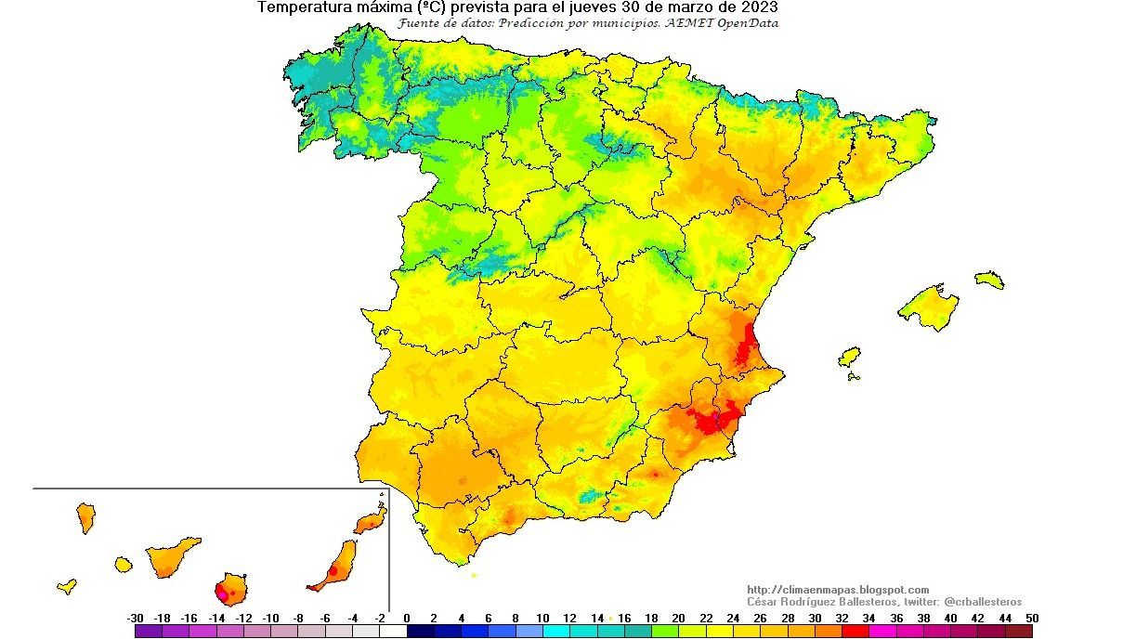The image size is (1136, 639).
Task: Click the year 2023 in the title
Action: point(758,7)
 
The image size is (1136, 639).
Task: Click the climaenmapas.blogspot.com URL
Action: point(838,590)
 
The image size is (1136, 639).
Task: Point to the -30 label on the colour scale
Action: point(135,618)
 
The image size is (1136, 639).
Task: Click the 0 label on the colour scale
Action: point(407,618)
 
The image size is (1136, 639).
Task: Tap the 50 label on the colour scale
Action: point(1032,618)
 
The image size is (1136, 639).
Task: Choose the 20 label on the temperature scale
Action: point(678,618)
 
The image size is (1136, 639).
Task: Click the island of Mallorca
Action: point(929,307)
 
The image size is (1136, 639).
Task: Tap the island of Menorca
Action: point(989,280)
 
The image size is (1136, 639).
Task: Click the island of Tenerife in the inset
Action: point(171,555)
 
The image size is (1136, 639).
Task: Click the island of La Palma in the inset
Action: point(85,516)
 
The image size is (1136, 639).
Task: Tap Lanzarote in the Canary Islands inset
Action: point(371,521)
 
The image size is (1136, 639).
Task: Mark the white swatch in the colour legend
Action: point(394,632)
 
